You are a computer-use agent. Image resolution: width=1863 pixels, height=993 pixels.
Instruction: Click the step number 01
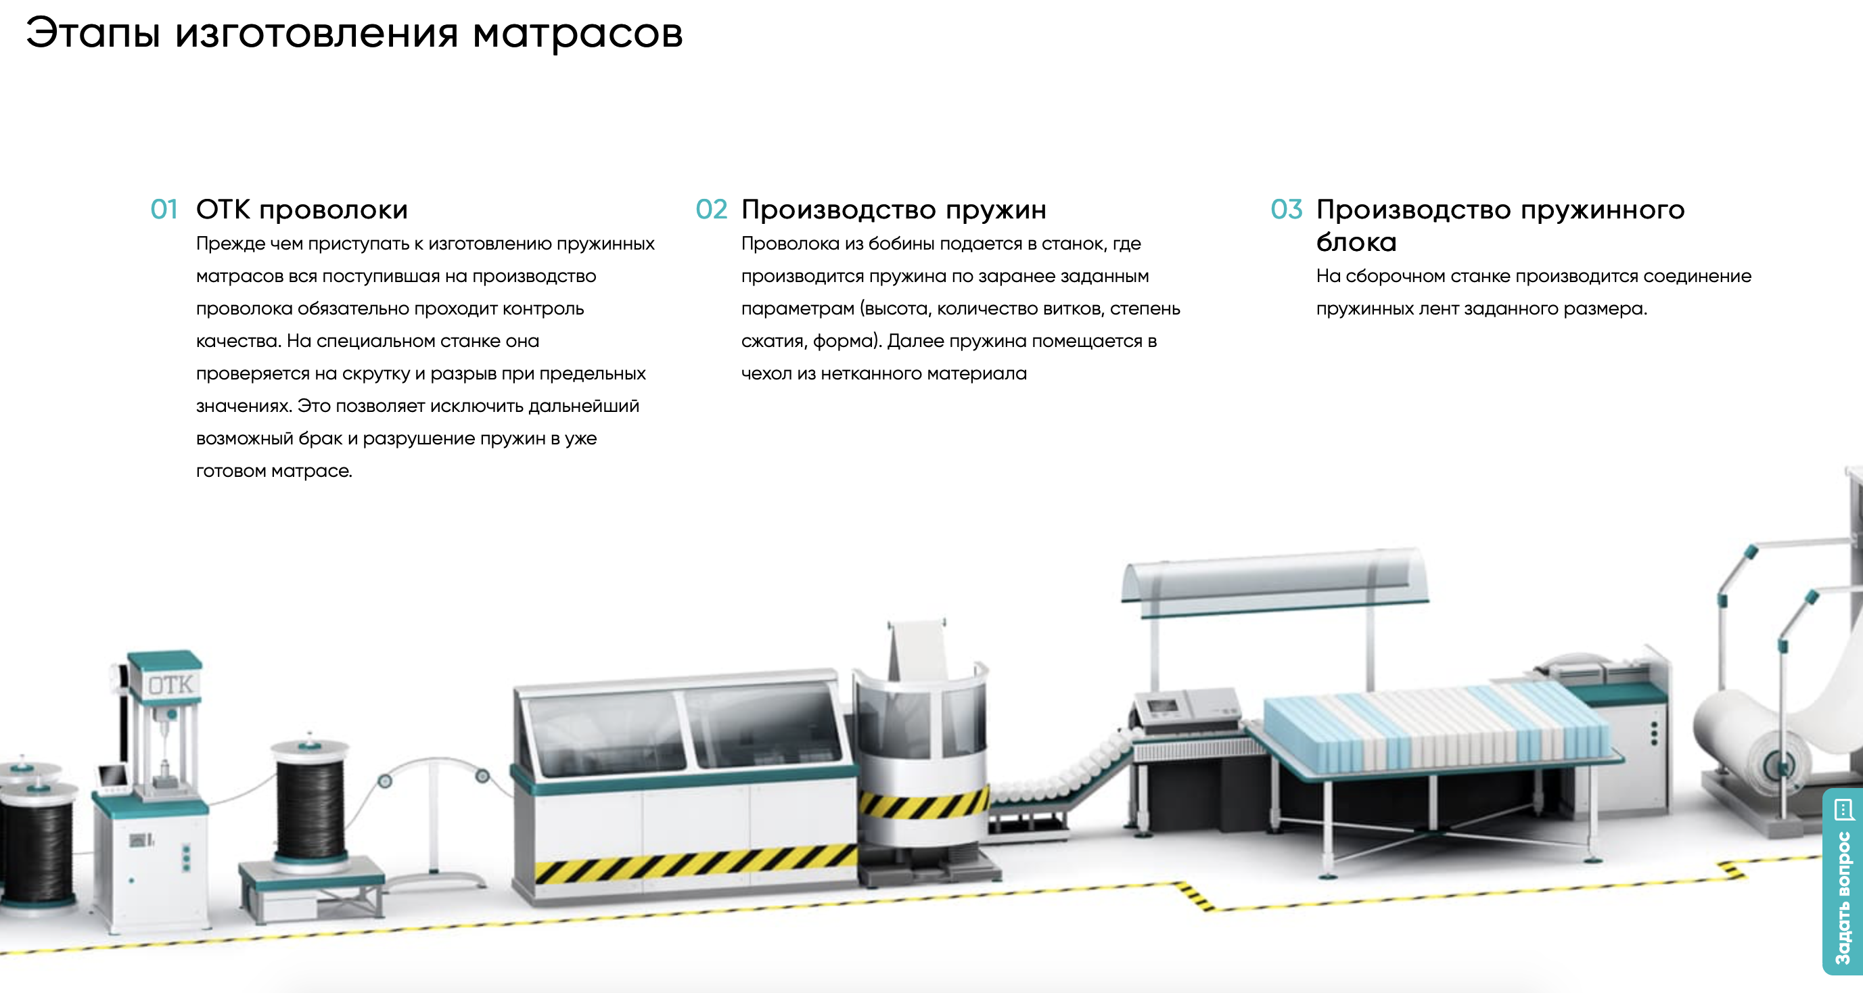point(164,210)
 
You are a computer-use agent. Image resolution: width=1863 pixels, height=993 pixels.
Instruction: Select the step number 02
point(711,210)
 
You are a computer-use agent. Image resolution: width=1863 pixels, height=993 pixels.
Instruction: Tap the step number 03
point(1286,210)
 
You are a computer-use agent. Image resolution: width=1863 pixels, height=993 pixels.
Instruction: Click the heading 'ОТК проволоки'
point(302,210)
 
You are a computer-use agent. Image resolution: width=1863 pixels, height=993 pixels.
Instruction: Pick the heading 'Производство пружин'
point(893,210)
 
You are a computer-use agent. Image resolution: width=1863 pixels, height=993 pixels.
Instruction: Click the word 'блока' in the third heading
point(1356,242)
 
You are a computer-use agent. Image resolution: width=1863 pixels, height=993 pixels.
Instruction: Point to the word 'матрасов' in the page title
point(577,33)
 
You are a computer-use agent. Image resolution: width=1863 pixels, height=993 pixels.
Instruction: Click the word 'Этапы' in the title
point(93,33)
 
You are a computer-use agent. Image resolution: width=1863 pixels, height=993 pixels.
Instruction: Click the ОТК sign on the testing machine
point(170,684)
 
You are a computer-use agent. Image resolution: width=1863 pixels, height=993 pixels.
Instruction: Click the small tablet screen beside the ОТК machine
point(113,777)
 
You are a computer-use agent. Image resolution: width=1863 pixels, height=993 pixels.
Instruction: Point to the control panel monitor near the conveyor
point(1162,706)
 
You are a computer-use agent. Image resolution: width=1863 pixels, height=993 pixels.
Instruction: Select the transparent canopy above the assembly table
point(1273,578)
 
